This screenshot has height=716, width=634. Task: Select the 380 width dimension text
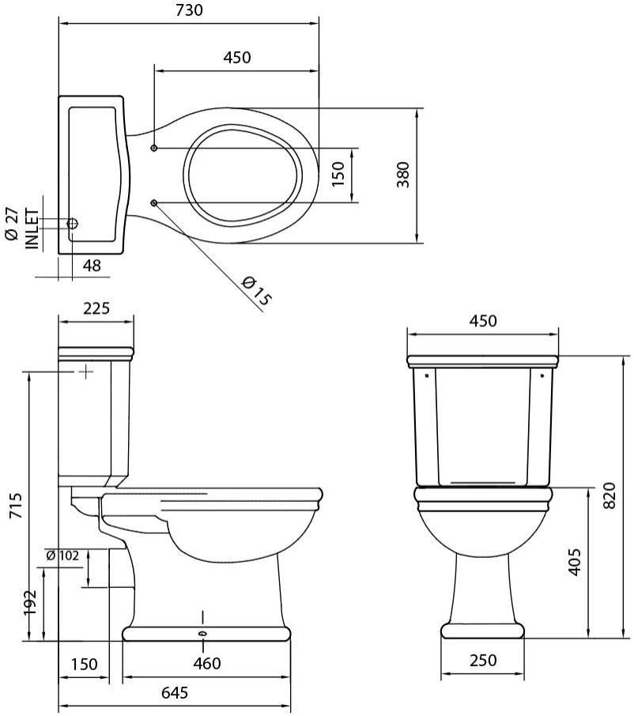[x=403, y=175]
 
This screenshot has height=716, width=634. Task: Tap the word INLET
[x=32, y=228]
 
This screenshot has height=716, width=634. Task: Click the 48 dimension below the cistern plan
[x=92, y=266]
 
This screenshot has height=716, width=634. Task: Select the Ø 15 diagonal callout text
[x=255, y=291]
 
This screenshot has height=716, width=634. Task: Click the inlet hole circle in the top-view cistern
[x=72, y=224]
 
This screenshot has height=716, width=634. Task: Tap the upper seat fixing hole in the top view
[x=154, y=148]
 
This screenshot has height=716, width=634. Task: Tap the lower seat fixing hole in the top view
[x=154, y=203]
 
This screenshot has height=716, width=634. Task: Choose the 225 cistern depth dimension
[x=96, y=308]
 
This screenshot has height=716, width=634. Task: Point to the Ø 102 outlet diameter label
[x=62, y=556]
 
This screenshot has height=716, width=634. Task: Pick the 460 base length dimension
[x=206, y=664]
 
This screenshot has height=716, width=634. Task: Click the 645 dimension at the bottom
[x=174, y=693]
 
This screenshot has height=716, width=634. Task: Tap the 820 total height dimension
[x=609, y=496]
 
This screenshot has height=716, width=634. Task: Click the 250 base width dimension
[x=481, y=661]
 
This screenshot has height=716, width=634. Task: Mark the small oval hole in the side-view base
[x=203, y=633]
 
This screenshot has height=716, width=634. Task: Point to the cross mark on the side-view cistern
[x=85, y=370]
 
